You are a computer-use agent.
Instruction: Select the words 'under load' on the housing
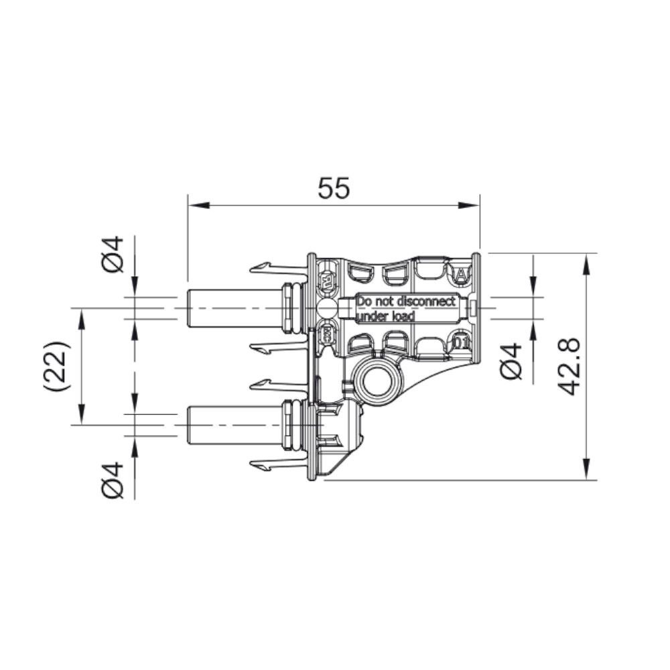tap(385, 316)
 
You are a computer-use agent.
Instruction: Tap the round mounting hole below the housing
tap(377, 384)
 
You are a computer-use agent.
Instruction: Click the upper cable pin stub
tap(231, 308)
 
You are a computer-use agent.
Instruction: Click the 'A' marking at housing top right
tap(461, 274)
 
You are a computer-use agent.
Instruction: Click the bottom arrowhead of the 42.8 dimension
tap(587, 472)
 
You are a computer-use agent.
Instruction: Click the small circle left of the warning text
tap(327, 309)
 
